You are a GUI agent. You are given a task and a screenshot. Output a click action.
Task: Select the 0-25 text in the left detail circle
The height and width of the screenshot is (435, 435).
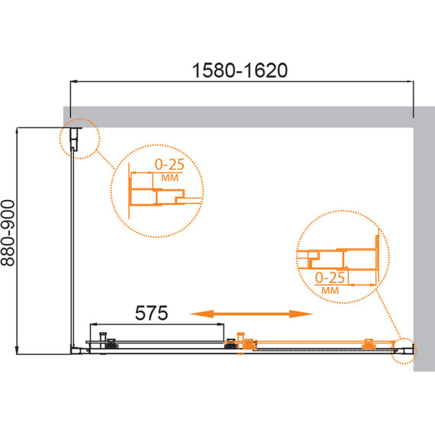pyautogui.click(x=169, y=164)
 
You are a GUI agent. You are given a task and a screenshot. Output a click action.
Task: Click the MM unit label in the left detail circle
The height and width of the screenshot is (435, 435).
pyautogui.click(x=169, y=177)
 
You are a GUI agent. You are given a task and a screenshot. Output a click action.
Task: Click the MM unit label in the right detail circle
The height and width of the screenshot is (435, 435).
pyautogui.click(x=330, y=289)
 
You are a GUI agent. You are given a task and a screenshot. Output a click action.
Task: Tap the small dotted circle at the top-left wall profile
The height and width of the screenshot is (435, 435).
pyautogui.click(x=78, y=138)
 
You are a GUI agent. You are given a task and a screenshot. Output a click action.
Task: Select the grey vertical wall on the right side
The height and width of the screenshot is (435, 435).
pyautogui.click(x=423, y=244)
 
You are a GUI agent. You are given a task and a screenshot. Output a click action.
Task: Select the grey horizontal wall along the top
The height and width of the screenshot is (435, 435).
pyautogui.click(x=244, y=117)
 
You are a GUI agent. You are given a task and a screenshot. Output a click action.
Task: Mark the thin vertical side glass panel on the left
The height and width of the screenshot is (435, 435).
pyautogui.click(x=74, y=244)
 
